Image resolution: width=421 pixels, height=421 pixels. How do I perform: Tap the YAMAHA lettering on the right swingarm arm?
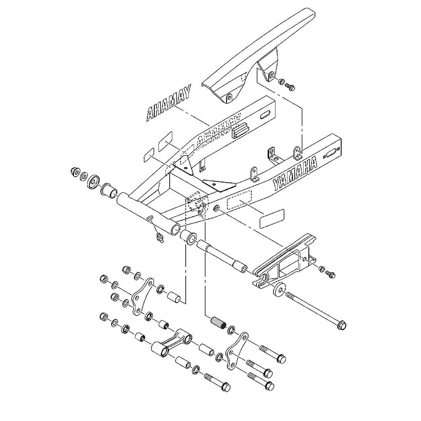[295, 173]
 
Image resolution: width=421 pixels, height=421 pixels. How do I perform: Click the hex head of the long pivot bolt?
[341, 325]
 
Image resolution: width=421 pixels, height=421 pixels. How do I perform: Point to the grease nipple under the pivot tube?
[159, 238]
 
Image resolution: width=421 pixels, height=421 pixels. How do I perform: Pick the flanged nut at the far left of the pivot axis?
[75, 171]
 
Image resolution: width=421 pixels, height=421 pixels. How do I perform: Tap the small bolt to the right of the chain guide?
[330, 274]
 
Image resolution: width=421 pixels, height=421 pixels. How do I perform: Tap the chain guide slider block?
[286, 261]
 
